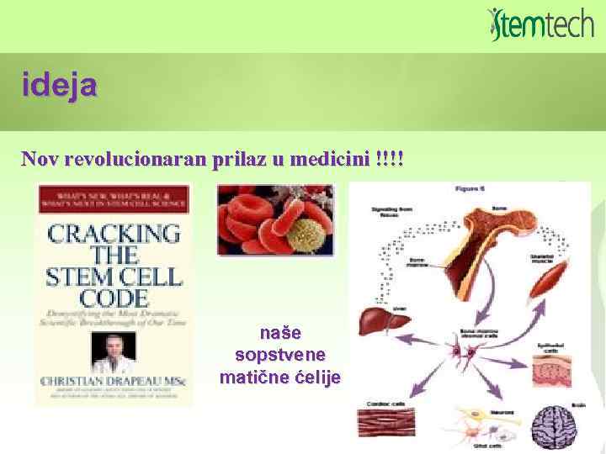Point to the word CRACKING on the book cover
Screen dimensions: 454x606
114,233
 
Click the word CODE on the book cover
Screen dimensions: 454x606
114,297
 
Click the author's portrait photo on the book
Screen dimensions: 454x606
113,353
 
